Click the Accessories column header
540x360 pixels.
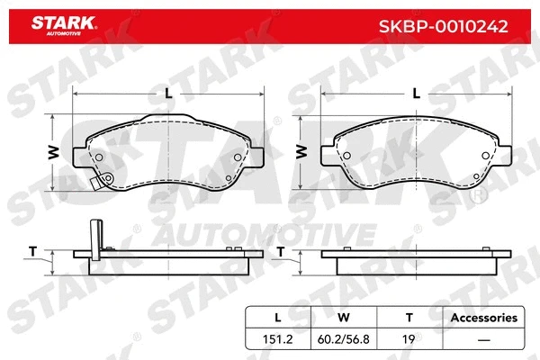click(484, 318)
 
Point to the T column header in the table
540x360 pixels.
click(409, 318)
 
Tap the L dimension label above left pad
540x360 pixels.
click(167, 93)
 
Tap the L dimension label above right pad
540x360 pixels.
click(415, 93)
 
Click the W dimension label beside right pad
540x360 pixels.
click(300, 151)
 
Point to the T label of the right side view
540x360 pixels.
click(281, 251)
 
